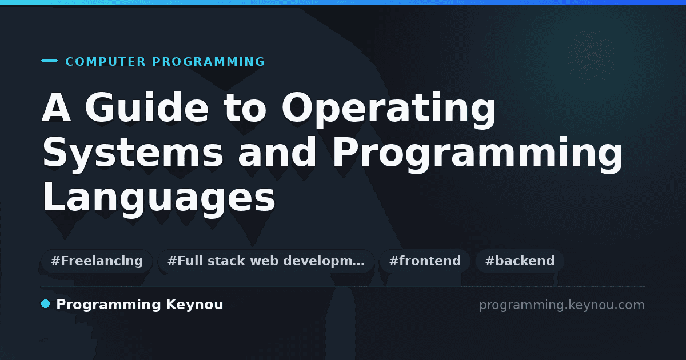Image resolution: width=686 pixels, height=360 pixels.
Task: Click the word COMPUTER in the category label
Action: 105,62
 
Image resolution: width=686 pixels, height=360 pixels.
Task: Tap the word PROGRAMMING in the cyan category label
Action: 208,62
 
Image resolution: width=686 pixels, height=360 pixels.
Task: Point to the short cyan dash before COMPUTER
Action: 49,61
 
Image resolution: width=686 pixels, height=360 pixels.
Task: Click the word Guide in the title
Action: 146,108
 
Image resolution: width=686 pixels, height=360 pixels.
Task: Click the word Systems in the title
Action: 133,153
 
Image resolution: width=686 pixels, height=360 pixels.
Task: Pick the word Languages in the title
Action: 159,198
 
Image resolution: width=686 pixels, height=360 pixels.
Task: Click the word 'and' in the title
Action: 277,151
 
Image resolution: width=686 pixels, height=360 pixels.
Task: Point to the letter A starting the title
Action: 57,108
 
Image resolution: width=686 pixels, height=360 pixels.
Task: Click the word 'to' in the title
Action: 245,109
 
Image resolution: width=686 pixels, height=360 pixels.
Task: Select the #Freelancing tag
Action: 97,261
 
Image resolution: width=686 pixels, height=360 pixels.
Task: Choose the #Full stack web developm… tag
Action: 266,261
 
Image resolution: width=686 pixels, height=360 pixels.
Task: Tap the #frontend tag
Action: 425,261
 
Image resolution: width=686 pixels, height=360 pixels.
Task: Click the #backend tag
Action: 520,261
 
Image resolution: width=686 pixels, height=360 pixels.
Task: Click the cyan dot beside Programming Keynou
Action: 45,304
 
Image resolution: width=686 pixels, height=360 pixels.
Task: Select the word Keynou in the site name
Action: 194,305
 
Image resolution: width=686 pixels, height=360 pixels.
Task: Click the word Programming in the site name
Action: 109,305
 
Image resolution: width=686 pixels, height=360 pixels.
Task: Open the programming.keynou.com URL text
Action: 562,305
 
